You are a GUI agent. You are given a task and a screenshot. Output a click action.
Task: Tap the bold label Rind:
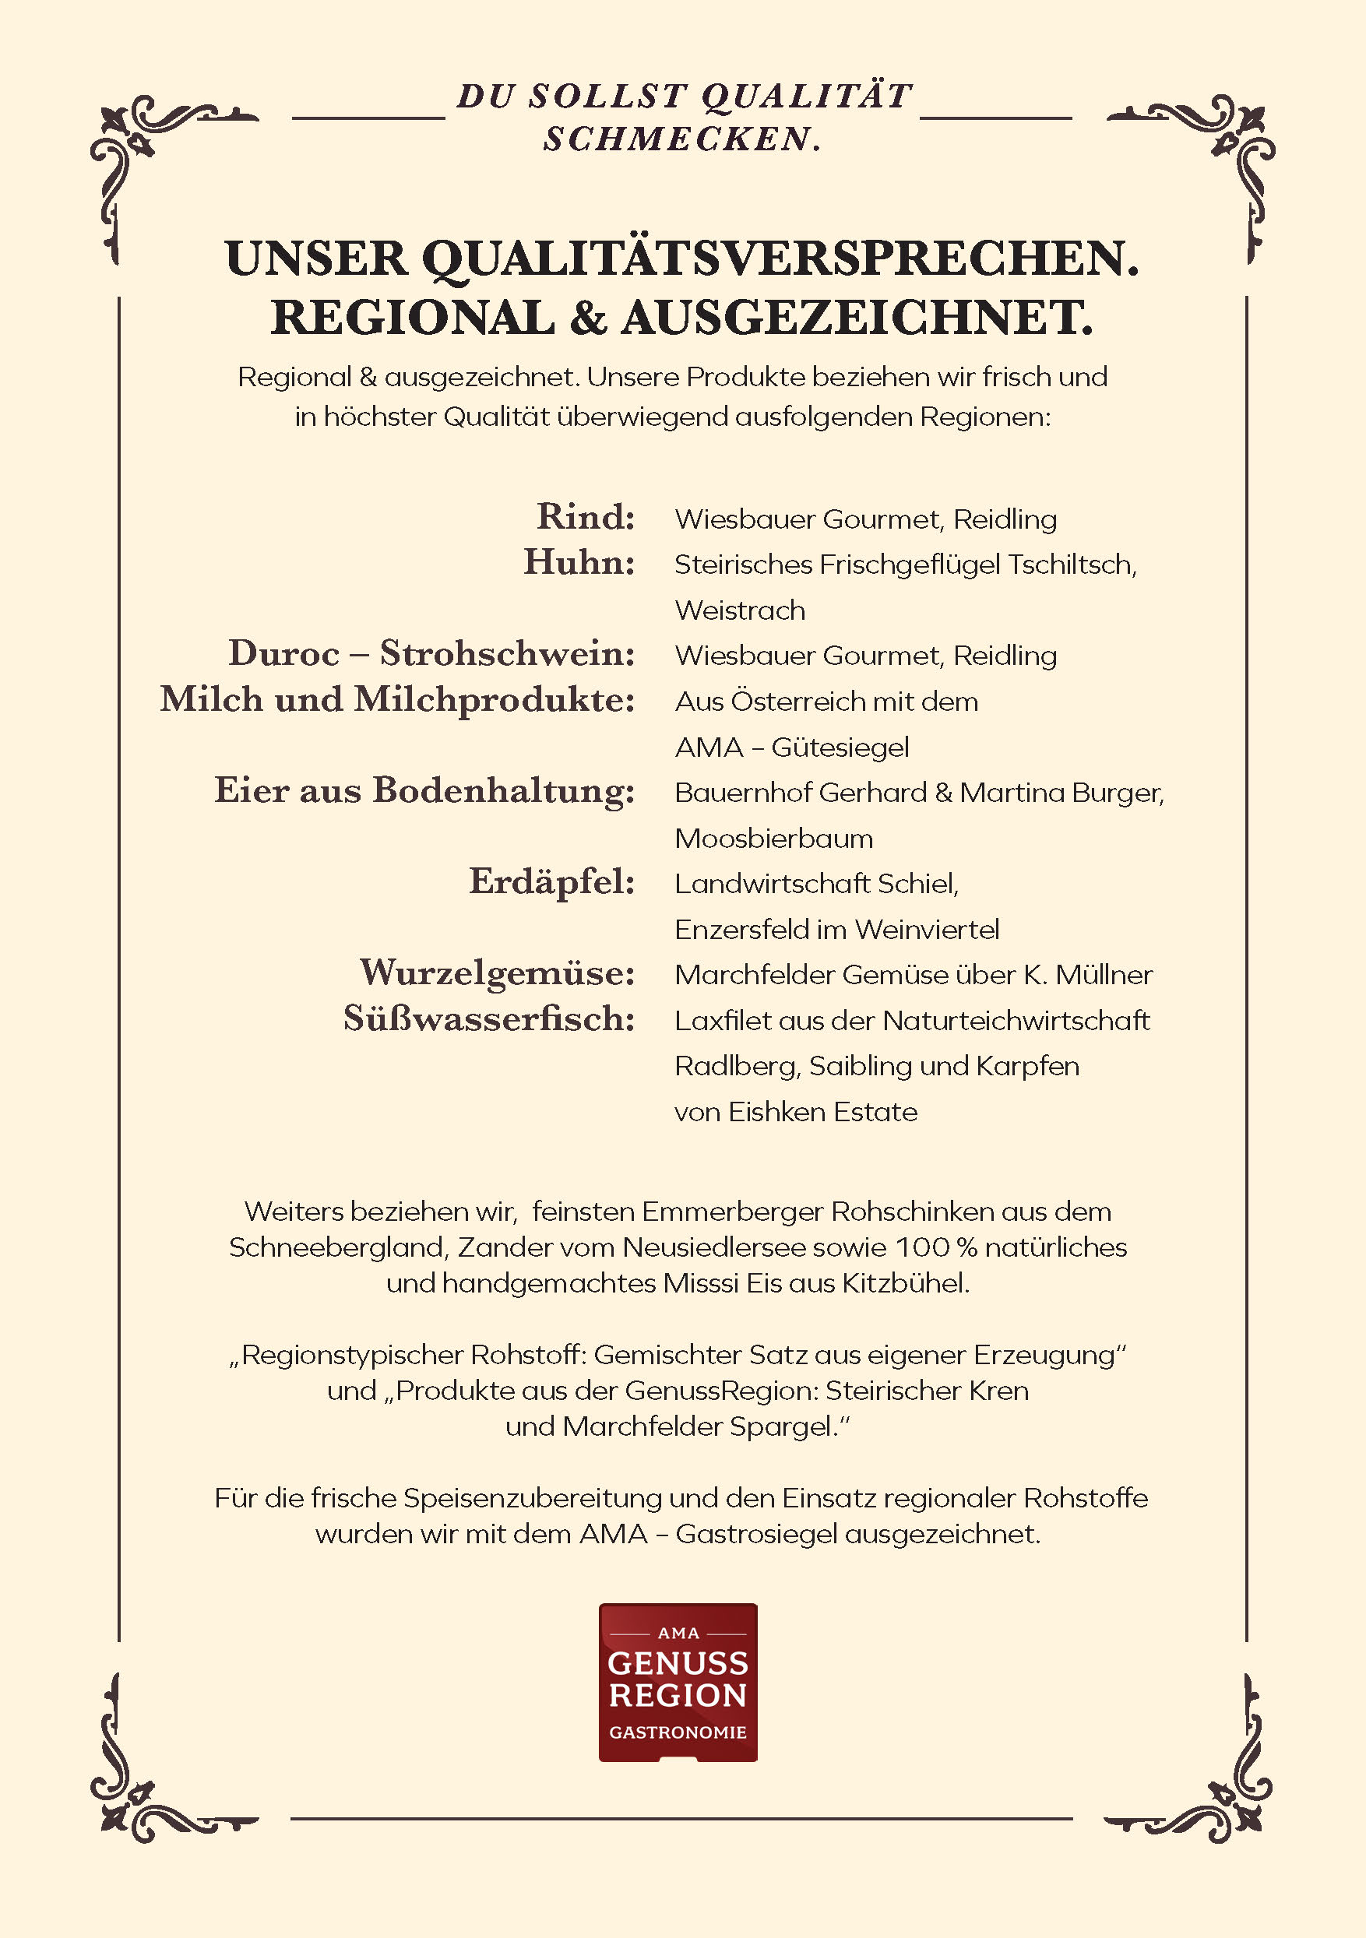tap(586, 516)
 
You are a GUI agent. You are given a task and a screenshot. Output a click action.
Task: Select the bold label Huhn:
tap(579, 562)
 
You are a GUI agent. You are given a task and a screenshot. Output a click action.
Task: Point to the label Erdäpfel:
tap(552, 881)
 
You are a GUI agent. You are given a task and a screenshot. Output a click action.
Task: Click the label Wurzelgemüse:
tap(498, 973)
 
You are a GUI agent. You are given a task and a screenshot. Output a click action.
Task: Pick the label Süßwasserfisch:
tap(489, 1018)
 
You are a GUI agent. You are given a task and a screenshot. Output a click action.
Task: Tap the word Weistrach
tap(740, 610)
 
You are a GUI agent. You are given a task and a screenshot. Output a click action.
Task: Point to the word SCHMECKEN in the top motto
tap(678, 139)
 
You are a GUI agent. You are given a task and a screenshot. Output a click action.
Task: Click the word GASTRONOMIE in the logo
tap(678, 1732)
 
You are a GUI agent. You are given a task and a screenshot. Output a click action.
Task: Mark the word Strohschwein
tap(506, 653)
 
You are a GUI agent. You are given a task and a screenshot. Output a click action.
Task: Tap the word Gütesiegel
tap(840, 747)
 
